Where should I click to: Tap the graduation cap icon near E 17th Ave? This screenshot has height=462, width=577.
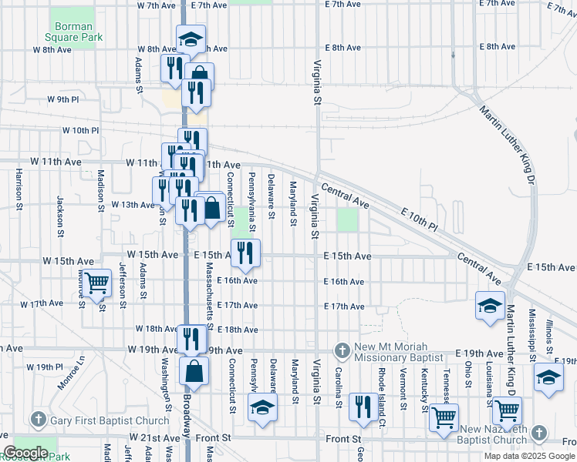click(490, 305)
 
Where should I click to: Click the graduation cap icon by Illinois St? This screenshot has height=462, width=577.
click(548, 377)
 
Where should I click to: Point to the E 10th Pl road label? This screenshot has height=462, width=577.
click(419, 219)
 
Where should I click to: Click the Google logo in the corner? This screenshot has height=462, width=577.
click(25, 453)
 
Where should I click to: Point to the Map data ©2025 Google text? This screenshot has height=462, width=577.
click(529, 456)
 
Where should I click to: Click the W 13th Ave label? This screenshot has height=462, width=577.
click(133, 205)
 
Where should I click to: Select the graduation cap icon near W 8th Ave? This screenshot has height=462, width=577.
click(191, 38)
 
